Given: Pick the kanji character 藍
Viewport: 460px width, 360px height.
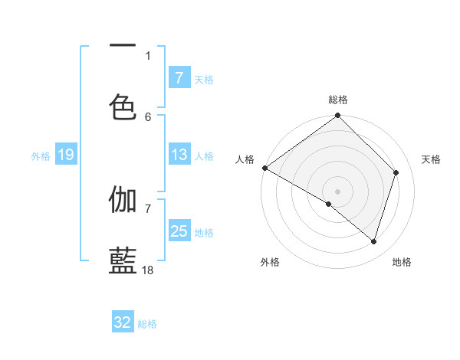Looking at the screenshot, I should coord(123,260).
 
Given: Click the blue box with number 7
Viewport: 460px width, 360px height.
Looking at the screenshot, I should coord(179,78).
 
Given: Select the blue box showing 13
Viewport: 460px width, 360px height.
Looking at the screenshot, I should coord(179,155).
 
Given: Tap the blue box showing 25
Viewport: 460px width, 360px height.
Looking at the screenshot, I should coord(179,231).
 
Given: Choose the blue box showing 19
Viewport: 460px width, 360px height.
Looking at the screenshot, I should coord(65,155).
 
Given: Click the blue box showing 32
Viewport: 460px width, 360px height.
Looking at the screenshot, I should coord(123,322).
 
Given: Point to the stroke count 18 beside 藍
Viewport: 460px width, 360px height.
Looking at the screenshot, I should coord(148,270).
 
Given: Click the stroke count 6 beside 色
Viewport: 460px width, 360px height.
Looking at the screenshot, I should coord(148,116).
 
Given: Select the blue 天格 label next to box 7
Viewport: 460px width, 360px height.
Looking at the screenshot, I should coord(204,79).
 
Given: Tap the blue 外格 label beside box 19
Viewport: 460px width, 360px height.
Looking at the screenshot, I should coord(41,156).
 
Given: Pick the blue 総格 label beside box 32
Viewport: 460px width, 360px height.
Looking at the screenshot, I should coord(148,323).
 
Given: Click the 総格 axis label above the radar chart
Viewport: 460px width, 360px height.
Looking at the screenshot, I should coord(338,100).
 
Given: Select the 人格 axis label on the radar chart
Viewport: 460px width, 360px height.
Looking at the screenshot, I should coord(245,159).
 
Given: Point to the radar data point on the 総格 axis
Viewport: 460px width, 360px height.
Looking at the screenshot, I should coord(338,116).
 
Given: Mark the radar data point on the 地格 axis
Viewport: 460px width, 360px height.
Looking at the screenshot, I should coord(374,242).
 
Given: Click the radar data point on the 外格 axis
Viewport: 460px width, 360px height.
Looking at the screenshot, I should coord(329,204).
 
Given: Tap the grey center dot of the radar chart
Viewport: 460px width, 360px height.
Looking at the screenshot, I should coord(338,191).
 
